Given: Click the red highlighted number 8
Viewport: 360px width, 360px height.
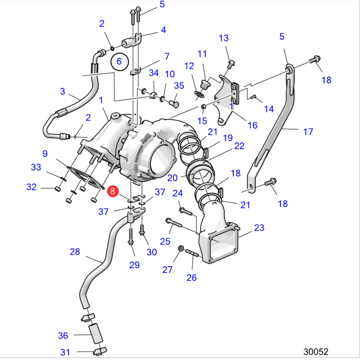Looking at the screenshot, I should (112, 192).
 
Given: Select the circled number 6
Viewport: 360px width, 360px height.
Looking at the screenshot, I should (119, 62).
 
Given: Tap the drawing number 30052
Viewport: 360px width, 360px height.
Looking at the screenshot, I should (316, 352).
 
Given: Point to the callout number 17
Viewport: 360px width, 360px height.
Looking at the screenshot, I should (308, 132).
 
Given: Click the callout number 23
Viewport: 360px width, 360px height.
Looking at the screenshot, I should (259, 227).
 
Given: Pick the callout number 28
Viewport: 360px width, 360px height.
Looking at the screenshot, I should (75, 252).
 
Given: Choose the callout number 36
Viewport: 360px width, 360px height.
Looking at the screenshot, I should (63, 336).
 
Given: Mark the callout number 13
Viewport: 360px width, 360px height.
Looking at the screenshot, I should (224, 38).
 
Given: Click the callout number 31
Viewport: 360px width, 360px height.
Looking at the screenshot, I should (65, 352).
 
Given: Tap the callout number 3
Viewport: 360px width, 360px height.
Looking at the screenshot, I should (63, 91).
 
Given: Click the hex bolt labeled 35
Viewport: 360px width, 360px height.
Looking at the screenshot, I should (174, 104).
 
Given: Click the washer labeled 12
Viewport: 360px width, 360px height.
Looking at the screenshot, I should (199, 94).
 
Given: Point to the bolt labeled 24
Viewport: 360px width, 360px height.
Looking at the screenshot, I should (186, 212).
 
